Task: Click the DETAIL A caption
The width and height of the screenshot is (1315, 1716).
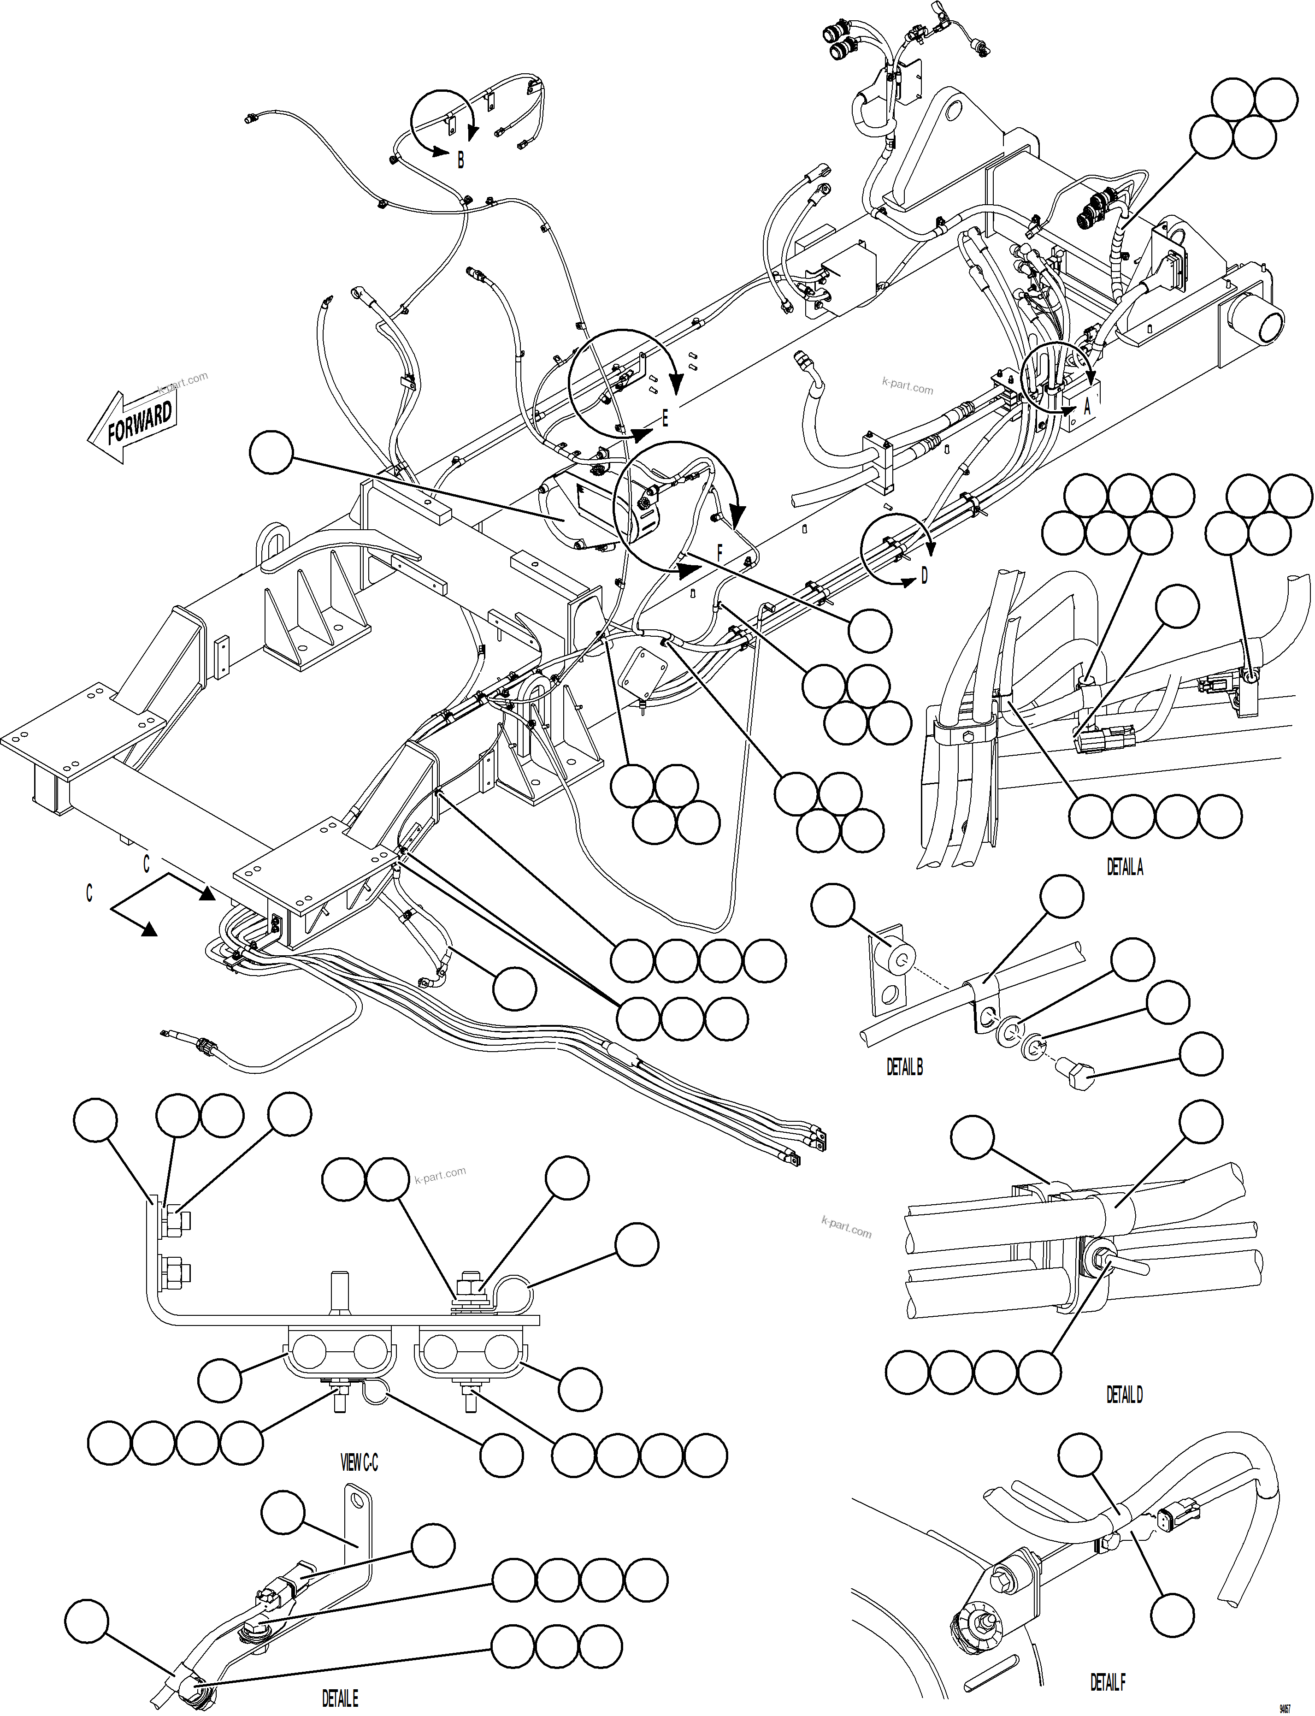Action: pyautogui.click(x=1124, y=867)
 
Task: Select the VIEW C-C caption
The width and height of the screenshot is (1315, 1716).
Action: pyautogui.click(x=359, y=1462)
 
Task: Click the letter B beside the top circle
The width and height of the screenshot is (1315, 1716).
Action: pyautogui.click(x=460, y=160)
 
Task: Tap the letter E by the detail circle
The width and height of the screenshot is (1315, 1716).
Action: pyautogui.click(x=665, y=419)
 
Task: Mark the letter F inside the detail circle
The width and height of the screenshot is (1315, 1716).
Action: pyautogui.click(x=720, y=554)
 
